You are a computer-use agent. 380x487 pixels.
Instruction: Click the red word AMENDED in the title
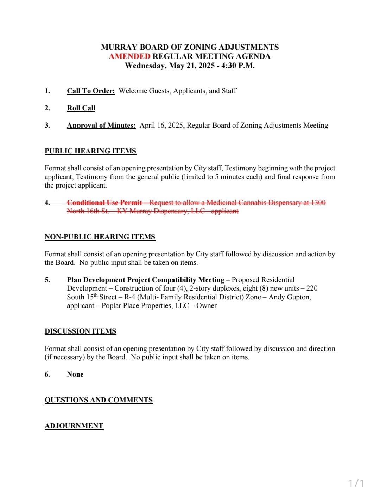pyautogui.click(x=129, y=56)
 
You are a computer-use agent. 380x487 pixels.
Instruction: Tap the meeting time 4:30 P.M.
pyautogui.click(x=238, y=66)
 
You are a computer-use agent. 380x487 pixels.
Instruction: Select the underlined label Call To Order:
pyautogui.click(x=91, y=91)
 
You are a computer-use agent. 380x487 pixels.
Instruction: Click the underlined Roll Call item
pyautogui.click(x=81, y=108)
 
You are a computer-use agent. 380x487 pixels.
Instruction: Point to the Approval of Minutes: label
pyautogui.click(x=101, y=126)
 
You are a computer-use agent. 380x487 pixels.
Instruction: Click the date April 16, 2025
pyautogui.click(x=161, y=126)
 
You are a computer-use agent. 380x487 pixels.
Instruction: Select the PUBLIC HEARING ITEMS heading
pyautogui.click(x=90, y=151)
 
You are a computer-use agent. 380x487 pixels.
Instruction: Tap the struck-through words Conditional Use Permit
pyautogui.click(x=104, y=203)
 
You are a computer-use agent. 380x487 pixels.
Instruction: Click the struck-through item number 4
pyautogui.click(x=47, y=202)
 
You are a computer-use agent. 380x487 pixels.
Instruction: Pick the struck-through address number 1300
pyautogui.click(x=318, y=203)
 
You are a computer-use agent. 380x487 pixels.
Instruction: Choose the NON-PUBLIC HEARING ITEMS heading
pyautogui.click(x=100, y=237)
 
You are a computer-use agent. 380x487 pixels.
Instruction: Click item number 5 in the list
pyautogui.click(x=47, y=280)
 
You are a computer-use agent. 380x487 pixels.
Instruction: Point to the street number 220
pyautogui.click(x=312, y=288)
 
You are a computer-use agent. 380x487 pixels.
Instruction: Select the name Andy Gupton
pyautogui.click(x=289, y=297)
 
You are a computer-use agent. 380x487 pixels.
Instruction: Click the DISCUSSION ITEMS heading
pyautogui.click(x=80, y=331)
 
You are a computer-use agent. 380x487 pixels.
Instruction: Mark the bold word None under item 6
pyautogui.click(x=75, y=375)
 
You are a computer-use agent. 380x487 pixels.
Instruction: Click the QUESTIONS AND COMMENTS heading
pyautogui.click(x=99, y=400)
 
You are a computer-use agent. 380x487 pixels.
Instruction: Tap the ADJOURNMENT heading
pyautogui.click(x=74, y=426)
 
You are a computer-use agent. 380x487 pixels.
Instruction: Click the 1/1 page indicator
pyautogui.click(x=356, y=483)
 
